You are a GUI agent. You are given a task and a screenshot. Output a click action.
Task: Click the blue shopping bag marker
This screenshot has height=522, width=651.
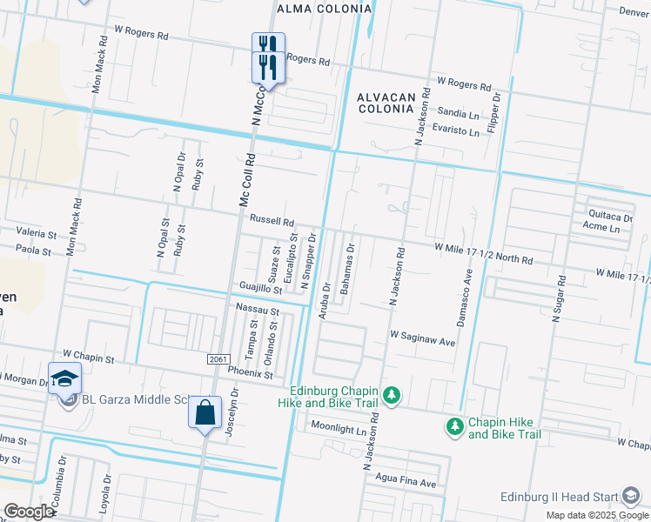click(x=205, y=413)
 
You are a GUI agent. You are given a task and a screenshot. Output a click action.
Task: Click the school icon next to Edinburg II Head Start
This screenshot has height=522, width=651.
click(x=630, y=497)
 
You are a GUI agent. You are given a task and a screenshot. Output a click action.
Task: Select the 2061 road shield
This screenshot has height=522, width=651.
click(x=219, y=359)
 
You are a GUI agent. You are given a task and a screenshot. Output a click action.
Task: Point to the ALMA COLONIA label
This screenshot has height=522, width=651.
click(x=323, y=9)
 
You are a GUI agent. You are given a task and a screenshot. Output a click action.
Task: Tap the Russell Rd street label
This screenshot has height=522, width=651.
click(x=272, y=222)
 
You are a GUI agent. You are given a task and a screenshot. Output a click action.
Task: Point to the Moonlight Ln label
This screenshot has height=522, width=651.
click(x=339, y=430)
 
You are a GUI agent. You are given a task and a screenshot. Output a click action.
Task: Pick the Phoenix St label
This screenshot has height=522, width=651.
click(x=251, y=375)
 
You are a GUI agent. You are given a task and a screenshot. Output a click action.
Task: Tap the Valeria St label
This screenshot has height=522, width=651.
click(x=36, y=234)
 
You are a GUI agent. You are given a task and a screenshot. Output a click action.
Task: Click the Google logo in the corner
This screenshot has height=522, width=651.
click(x=30, y=512)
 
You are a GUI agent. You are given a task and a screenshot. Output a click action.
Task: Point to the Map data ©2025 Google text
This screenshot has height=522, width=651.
click(x=597, y=515)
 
